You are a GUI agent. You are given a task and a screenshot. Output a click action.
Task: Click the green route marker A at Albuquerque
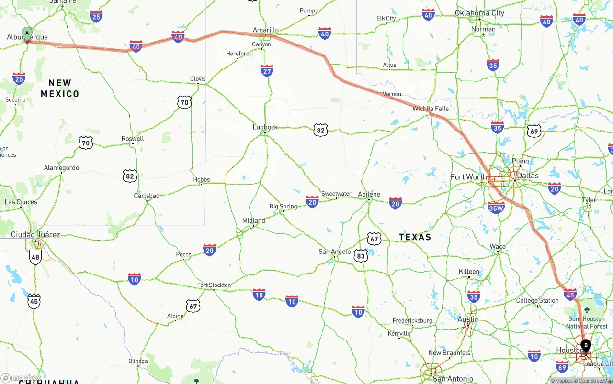coord(27,33)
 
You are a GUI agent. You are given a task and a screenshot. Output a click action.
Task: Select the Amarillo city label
coord(266,30)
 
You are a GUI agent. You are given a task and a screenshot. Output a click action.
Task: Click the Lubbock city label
coord(265,127)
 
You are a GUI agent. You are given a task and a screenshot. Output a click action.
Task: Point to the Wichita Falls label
coord(431,109)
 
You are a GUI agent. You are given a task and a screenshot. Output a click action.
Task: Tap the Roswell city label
coord(133,139)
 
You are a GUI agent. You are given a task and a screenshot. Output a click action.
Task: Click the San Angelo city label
coord(335,252)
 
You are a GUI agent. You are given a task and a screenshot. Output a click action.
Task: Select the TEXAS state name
coord(415,237)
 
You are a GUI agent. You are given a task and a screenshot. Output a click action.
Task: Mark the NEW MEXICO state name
coord(60,88)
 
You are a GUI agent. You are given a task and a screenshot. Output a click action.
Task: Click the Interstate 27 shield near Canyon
coord(267,71)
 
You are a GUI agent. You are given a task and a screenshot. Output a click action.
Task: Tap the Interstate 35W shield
coord(496,207)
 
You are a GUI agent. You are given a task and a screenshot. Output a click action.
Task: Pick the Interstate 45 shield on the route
coord(570,294)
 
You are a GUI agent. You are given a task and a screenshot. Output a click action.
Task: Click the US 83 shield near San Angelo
coord(361,256)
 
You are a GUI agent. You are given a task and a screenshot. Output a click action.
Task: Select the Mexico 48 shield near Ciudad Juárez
coord(35,257)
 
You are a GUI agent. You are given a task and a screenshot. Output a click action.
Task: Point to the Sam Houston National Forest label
coord(587,322)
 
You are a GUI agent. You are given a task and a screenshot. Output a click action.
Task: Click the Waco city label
coord(498,247)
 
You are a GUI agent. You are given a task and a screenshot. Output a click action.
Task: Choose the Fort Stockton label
coord(214,285)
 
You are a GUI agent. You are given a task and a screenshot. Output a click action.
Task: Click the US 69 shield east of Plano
coord(534,131)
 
